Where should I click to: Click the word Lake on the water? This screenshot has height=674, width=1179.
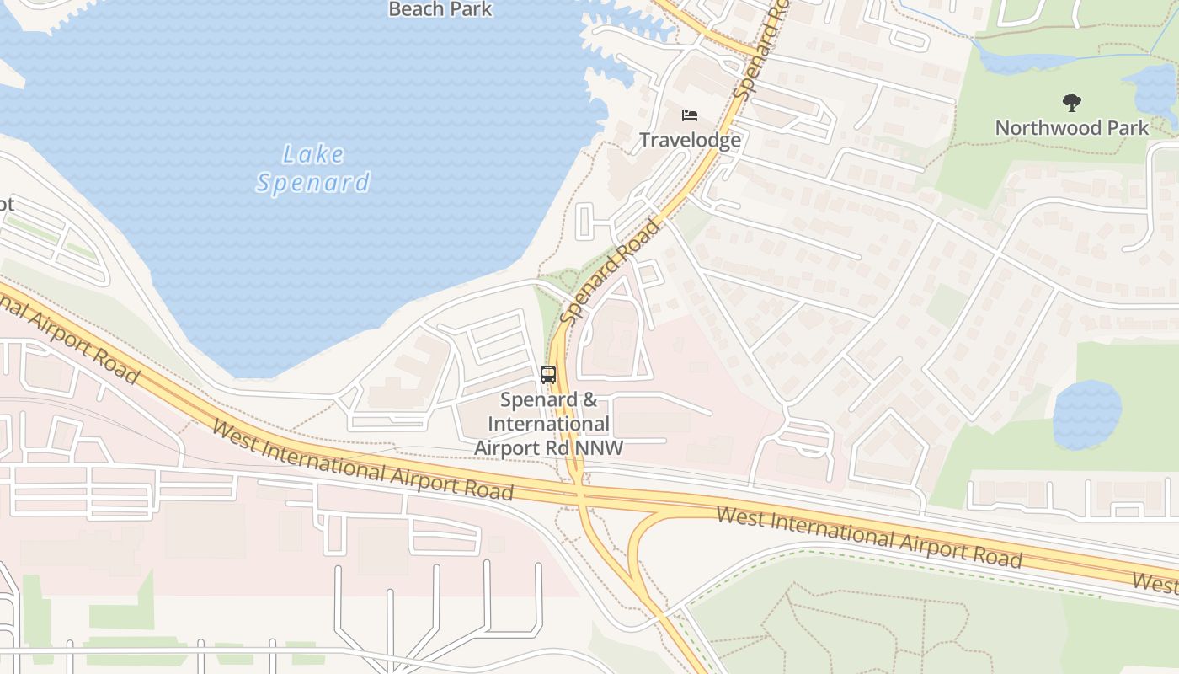(x=313, y=154)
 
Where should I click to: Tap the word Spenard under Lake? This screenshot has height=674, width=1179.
(x=313, y=183)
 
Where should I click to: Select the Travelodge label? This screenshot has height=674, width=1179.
(x=690, y=140)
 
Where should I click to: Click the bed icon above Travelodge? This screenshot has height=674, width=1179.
(x=690, y=115)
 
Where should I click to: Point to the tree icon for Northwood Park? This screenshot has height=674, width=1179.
(x=1071, y=103)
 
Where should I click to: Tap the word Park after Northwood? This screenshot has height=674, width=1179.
(x=1127, y=128)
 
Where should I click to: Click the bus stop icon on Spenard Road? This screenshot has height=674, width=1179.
(x=548, y=375)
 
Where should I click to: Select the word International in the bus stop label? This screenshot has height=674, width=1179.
(x=548, y=424)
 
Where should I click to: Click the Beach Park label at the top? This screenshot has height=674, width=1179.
(x=440, y=9)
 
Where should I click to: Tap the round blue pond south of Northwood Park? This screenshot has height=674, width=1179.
(x=1086, y=415)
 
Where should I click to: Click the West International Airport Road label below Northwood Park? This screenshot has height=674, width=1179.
(x=868, y=537)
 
